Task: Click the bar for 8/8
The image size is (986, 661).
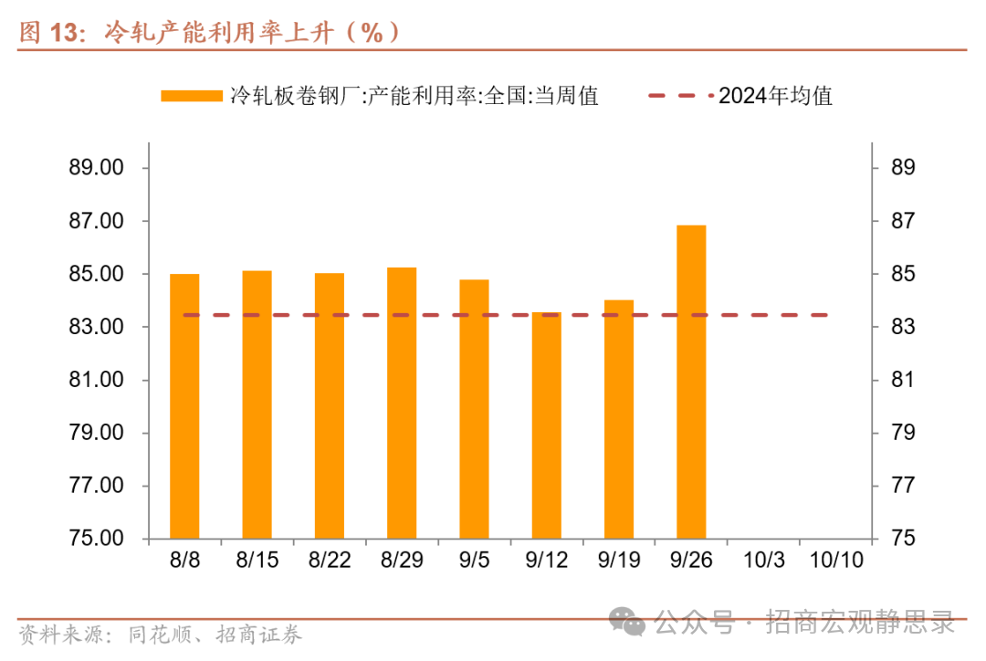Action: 184,406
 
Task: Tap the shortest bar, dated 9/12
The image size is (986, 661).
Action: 546,425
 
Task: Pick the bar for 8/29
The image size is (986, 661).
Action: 402,403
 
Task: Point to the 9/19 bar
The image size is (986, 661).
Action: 619,419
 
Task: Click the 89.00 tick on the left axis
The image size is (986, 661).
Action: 96,169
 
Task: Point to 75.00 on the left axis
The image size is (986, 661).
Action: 96,539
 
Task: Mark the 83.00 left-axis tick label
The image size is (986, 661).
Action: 96,328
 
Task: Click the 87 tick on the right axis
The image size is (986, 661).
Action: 903,222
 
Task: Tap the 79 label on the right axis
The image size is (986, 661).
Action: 903,433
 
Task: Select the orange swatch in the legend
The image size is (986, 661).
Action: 191,96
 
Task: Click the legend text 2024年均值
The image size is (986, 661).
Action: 775,96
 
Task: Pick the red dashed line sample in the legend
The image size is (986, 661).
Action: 679,96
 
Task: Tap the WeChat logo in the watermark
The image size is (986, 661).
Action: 629,623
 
